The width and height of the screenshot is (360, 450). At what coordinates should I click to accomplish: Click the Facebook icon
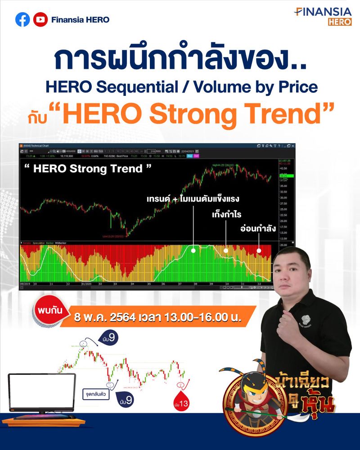(22, 19)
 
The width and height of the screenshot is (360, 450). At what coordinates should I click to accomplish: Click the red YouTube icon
(40, 19)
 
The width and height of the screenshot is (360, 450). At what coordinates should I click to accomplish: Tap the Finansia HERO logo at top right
(323, 16)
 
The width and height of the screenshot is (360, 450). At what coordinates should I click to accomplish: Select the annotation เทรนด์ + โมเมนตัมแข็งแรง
(193, 199)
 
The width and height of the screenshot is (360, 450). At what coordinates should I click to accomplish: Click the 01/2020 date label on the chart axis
(87, 284)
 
